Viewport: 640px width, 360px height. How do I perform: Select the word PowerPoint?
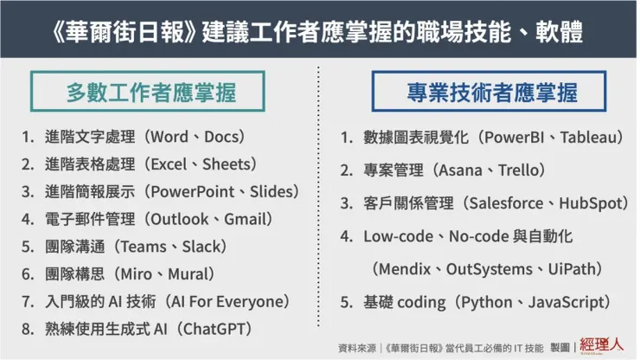click(x=193, y=191)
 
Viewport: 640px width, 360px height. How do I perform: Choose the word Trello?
click(x=517, y=170)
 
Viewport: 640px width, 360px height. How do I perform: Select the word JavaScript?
click(x=565, y=303)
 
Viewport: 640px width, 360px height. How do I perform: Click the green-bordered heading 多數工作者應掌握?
click(x=148, y=92)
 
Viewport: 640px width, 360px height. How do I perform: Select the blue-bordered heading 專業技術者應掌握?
click(x=489, y=92)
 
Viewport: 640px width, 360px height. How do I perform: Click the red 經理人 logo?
click(x=602, y=345)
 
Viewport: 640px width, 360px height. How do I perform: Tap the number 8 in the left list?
click(x=27, y=329)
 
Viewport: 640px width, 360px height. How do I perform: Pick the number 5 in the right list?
click(x=345, y=302)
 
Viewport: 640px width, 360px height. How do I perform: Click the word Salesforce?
click(x=506, y=203)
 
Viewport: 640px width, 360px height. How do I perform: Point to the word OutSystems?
click(x=489, y=269)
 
